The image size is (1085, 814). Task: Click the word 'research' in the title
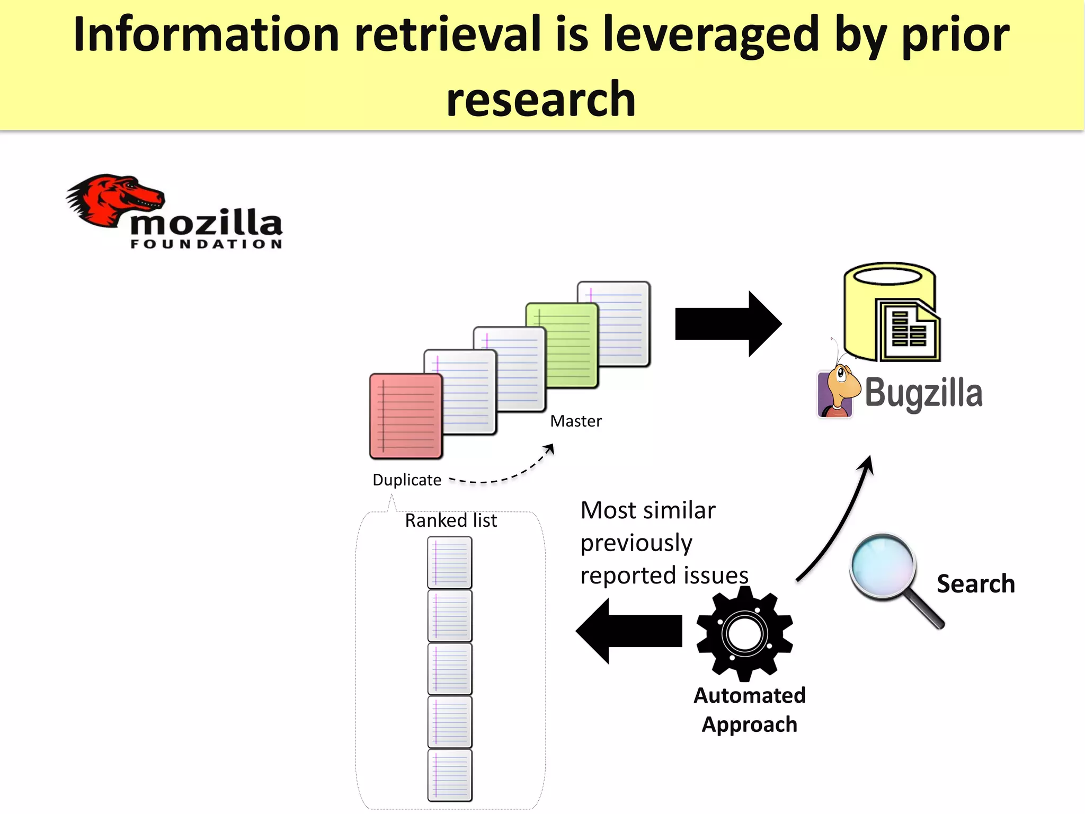click(541, 99)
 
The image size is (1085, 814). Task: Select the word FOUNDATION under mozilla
click(206, 244)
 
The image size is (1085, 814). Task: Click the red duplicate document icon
click(405, 416)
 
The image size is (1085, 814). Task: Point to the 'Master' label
click(575, 421)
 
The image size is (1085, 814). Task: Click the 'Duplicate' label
click(406, 480)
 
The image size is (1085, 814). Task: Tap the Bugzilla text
click(923, 393)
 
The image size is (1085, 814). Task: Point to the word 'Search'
click(975, 583)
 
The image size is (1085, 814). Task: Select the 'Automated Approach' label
click(749, 710)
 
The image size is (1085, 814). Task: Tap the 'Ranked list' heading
click(451, 520)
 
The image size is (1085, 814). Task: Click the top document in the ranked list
click(449, 562)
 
